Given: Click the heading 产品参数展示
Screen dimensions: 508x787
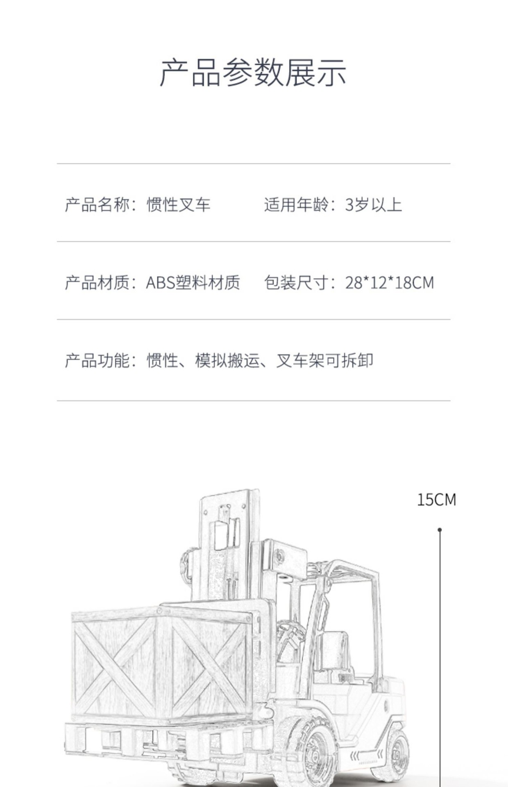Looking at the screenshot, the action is point(253,73).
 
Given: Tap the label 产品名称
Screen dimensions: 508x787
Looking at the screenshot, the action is point(97,205).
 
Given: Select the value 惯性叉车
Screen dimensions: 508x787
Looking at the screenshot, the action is point(179,205).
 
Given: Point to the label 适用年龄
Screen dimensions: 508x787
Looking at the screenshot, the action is point(296,205).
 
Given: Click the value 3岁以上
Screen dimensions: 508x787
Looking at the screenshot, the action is point(373,205).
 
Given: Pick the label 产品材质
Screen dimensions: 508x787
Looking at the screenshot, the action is point(97,282).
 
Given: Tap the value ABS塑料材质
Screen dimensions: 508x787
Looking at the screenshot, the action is point(193,282).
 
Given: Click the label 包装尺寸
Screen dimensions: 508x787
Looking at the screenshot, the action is point(296,282).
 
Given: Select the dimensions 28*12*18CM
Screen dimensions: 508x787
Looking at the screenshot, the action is point(389,282).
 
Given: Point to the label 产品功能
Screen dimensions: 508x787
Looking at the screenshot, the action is point(97,360).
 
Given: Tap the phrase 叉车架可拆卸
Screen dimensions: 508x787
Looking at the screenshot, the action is point(324,360).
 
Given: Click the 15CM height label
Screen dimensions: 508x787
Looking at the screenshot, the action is point(436,500).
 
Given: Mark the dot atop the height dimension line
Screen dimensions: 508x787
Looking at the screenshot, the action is point(440,530).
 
